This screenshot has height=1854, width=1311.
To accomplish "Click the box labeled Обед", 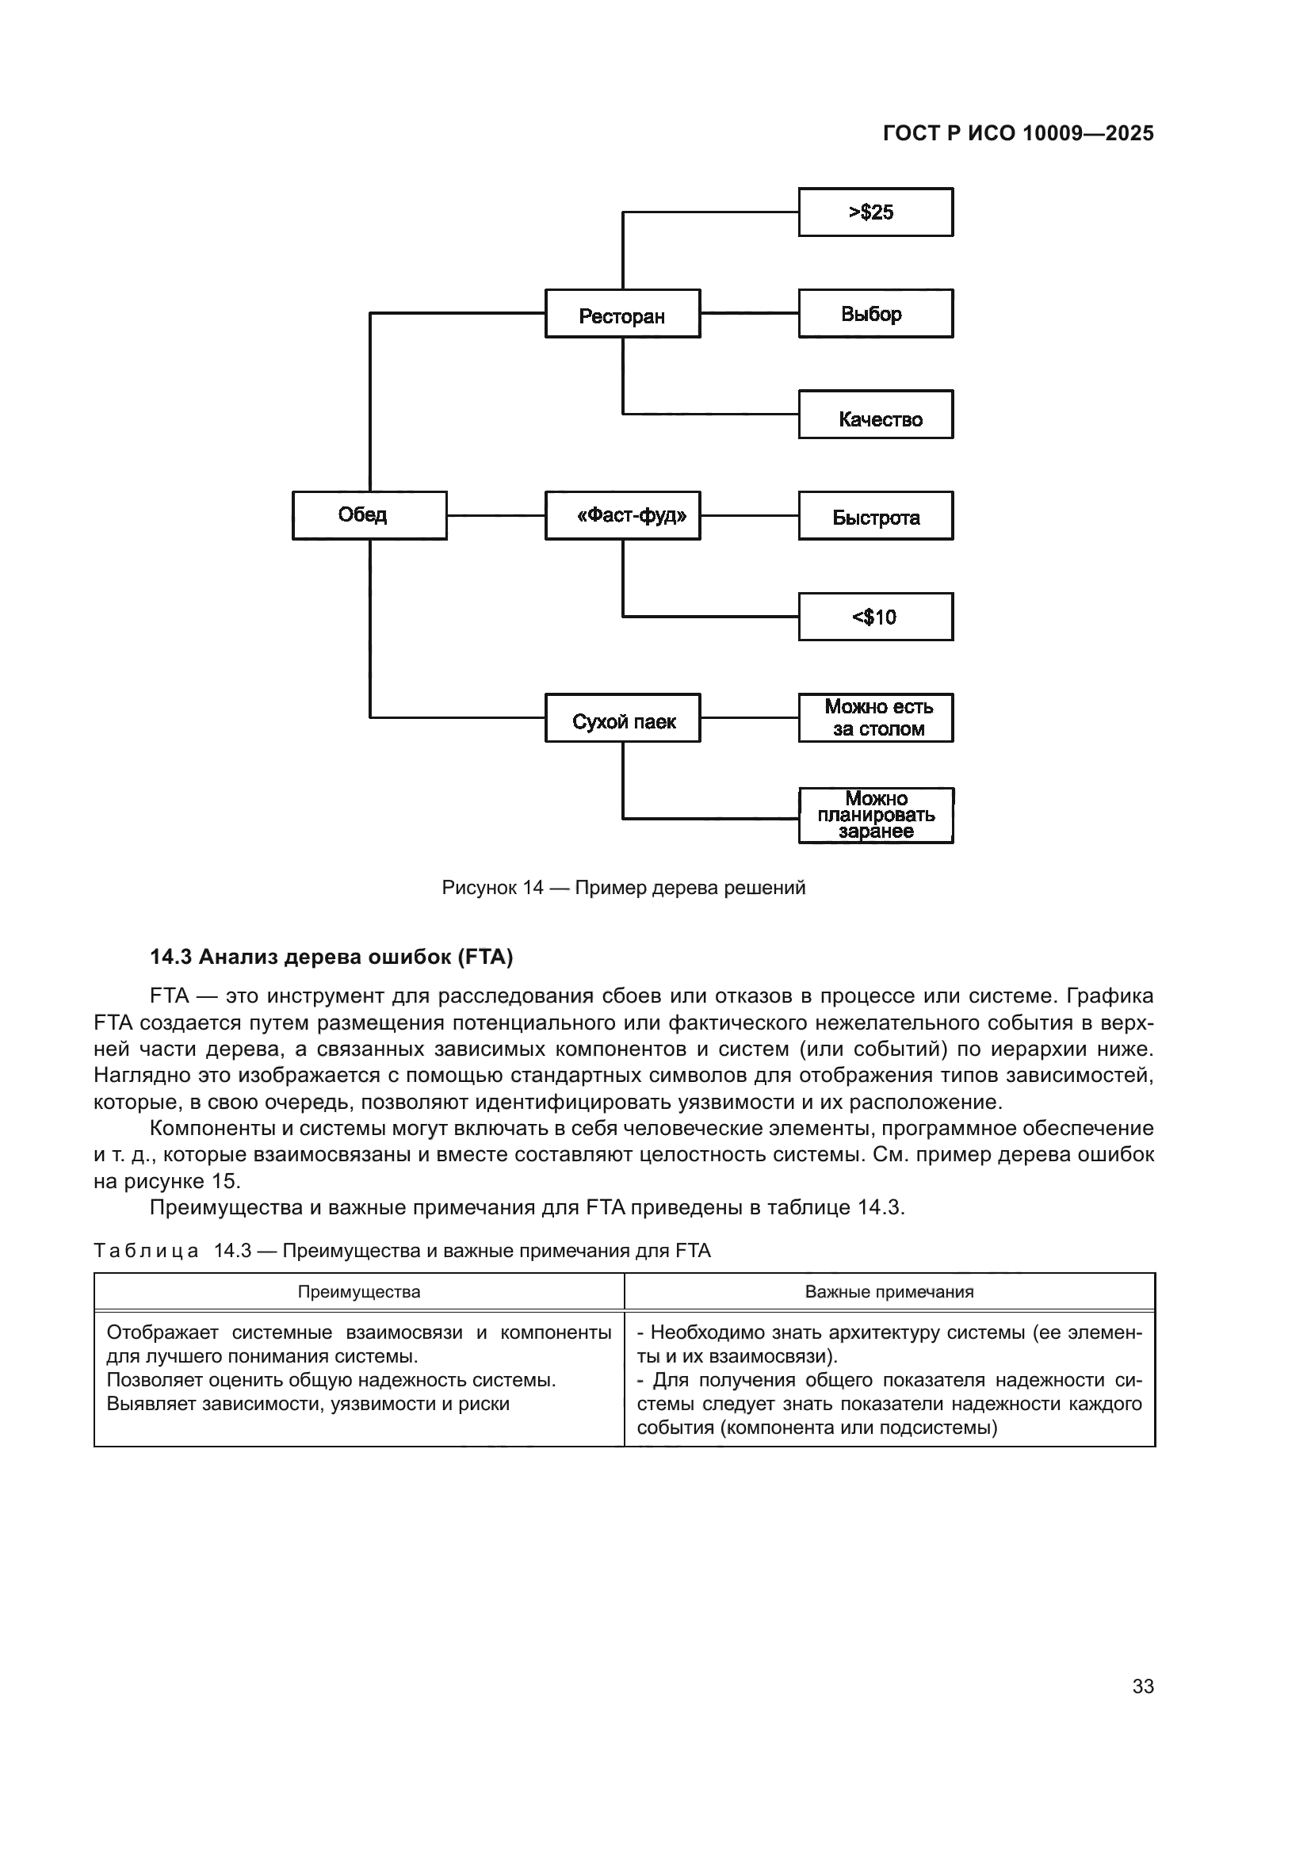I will [369, 515].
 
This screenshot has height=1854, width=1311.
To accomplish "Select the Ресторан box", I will [622, 314].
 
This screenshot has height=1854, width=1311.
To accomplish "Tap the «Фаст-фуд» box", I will [622, 515].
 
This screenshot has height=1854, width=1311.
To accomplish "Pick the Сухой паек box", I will [622, 718].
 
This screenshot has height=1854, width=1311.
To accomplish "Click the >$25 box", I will [876, 212].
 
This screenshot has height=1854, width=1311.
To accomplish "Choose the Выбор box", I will [876, 313].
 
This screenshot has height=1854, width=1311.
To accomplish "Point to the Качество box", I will [876, 415].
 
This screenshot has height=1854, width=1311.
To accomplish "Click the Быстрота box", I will [876, 516].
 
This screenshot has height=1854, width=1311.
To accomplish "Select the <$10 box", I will [876, 617].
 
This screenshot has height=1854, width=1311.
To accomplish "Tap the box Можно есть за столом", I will [876, 718].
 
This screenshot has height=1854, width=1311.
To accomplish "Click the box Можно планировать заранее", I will [876, 816].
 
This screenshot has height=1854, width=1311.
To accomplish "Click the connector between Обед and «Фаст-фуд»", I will [495, 515].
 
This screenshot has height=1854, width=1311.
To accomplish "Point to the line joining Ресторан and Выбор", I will [749, 313].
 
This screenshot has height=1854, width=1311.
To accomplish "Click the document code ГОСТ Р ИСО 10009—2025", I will [1018, 133].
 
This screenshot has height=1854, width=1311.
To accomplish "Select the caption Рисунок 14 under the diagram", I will [623, 889].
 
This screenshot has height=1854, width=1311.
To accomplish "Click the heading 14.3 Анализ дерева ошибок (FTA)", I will [331, 958].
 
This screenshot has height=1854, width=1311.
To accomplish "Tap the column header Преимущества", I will [358, 1292].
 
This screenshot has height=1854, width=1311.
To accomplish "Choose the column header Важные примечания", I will [889, 1292].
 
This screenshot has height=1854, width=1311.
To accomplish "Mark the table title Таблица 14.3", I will [401, 1252].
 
